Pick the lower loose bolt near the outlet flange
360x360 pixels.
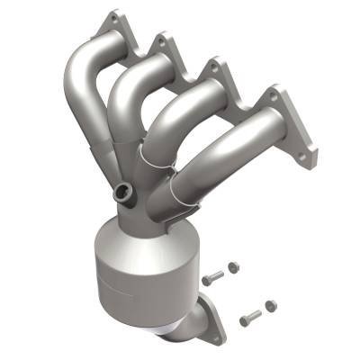[249, 316]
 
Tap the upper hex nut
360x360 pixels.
[233, 267]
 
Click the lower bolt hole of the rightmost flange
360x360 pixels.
[310, 155]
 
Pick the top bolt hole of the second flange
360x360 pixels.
[162, 40]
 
